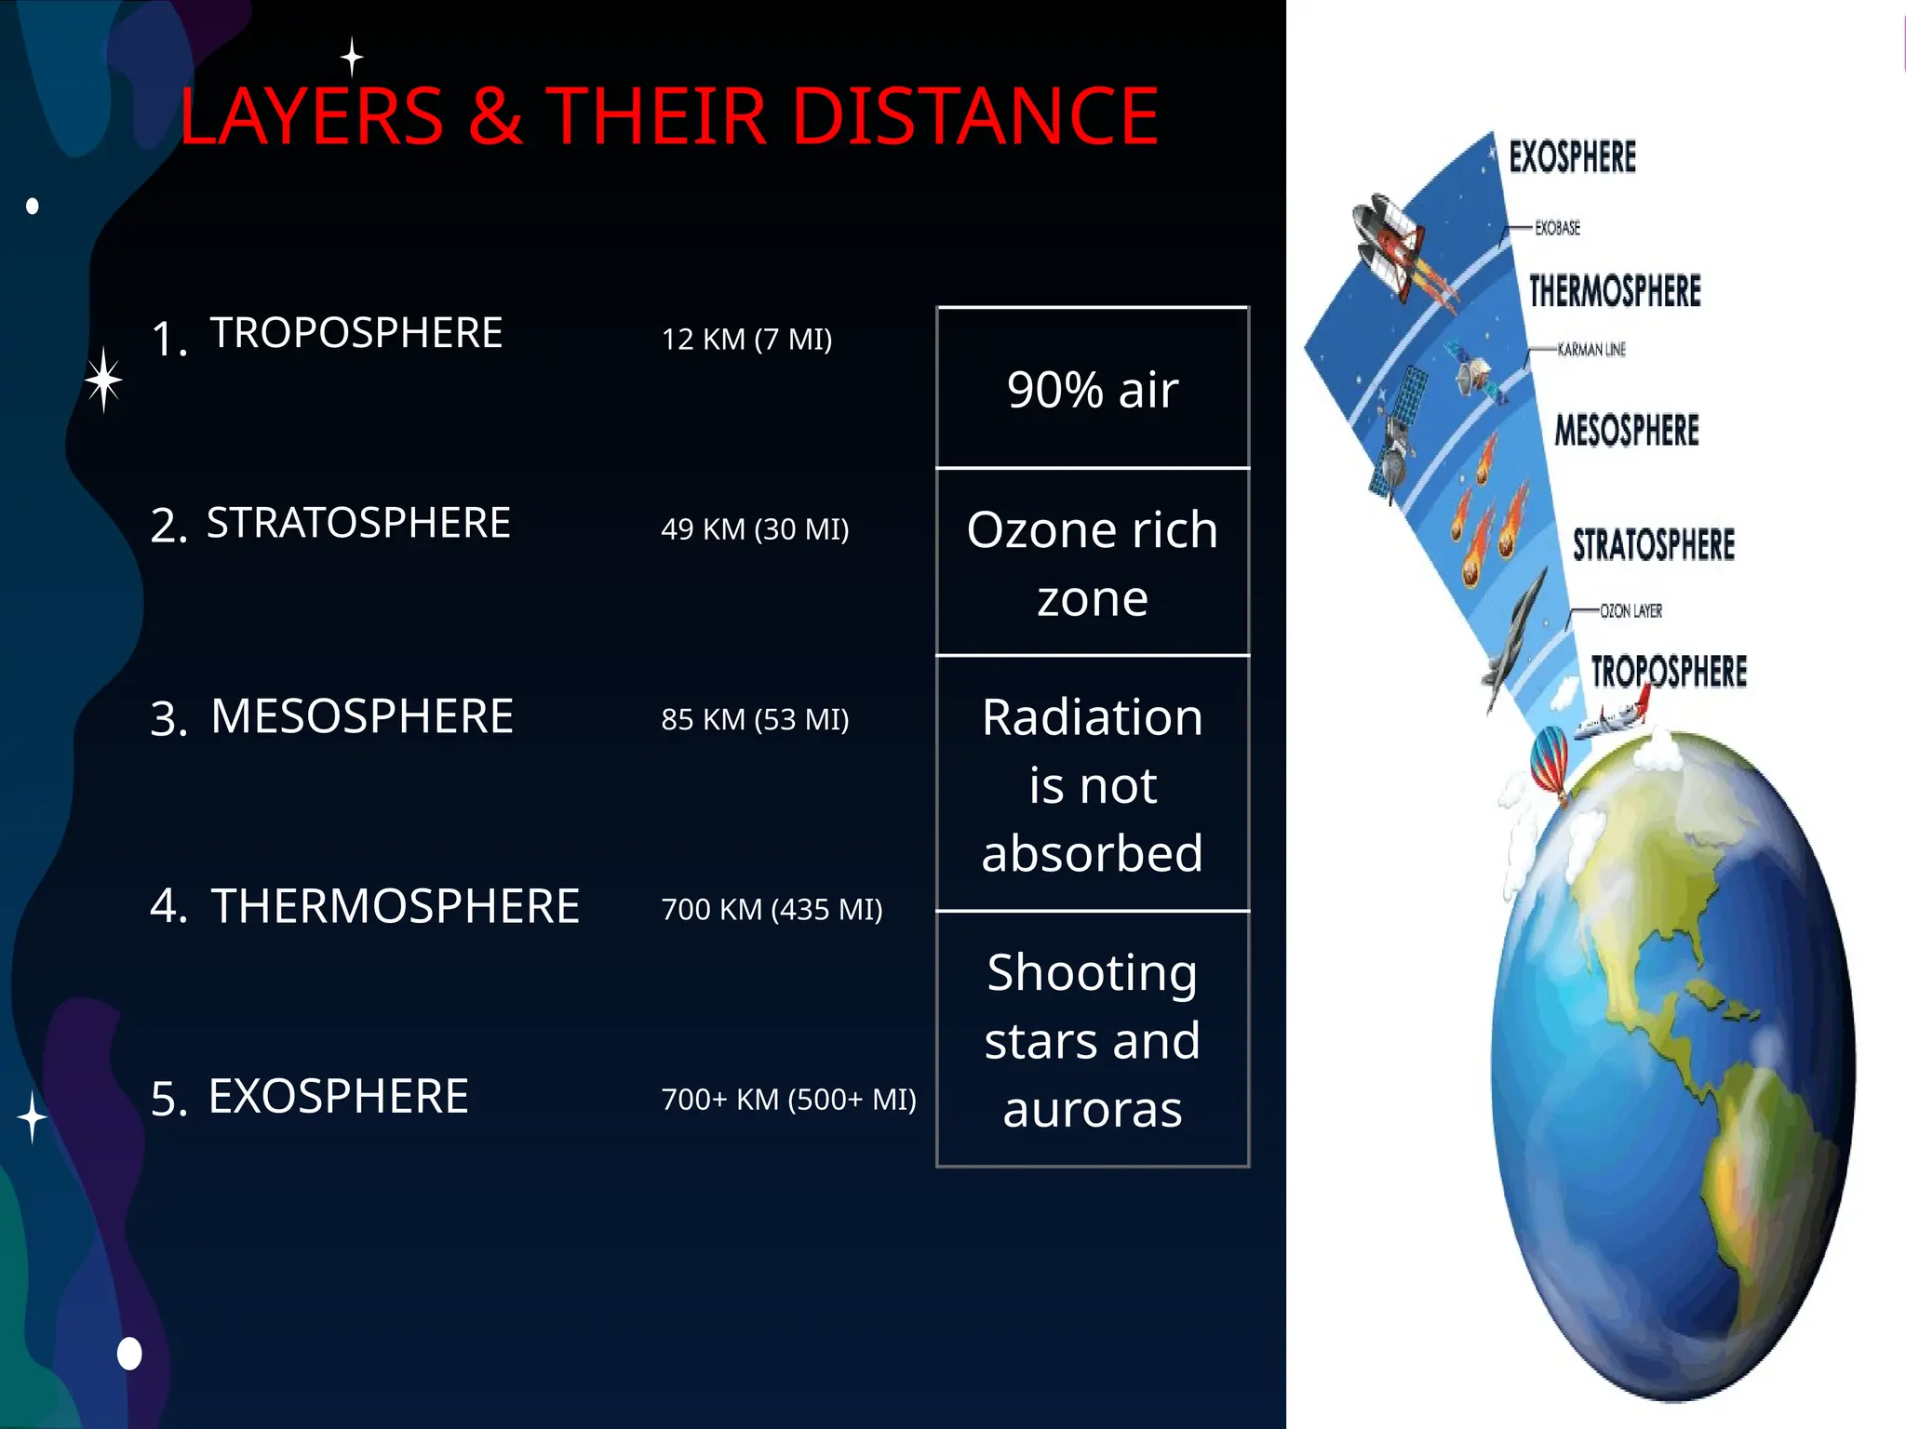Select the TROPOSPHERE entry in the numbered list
click(x=356, y=332)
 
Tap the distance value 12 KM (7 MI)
click(x=746, y=340)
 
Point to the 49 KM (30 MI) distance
click(x=755, y=529)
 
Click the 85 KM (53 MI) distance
click(x=755, y=719)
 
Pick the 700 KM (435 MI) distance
click(x=772, y=909)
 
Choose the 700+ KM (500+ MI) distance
click(x=788, y=1100)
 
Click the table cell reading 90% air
click(x=1092, y=389)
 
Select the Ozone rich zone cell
click(x=1092, y=563)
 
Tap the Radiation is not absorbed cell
click(x=1092, y=784)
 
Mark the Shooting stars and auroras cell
click(x=1092, y=1039)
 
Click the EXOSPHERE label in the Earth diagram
click(x=1572, y=157)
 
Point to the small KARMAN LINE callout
click(x=1591, y=350)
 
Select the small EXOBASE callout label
click(x=1557, y=228)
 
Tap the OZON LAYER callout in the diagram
click(x=1631, y=611)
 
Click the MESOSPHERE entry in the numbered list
click(x=361, y=716)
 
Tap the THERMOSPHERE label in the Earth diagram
click(x=1615, y=291)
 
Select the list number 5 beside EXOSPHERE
click(x=168, y=1100)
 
